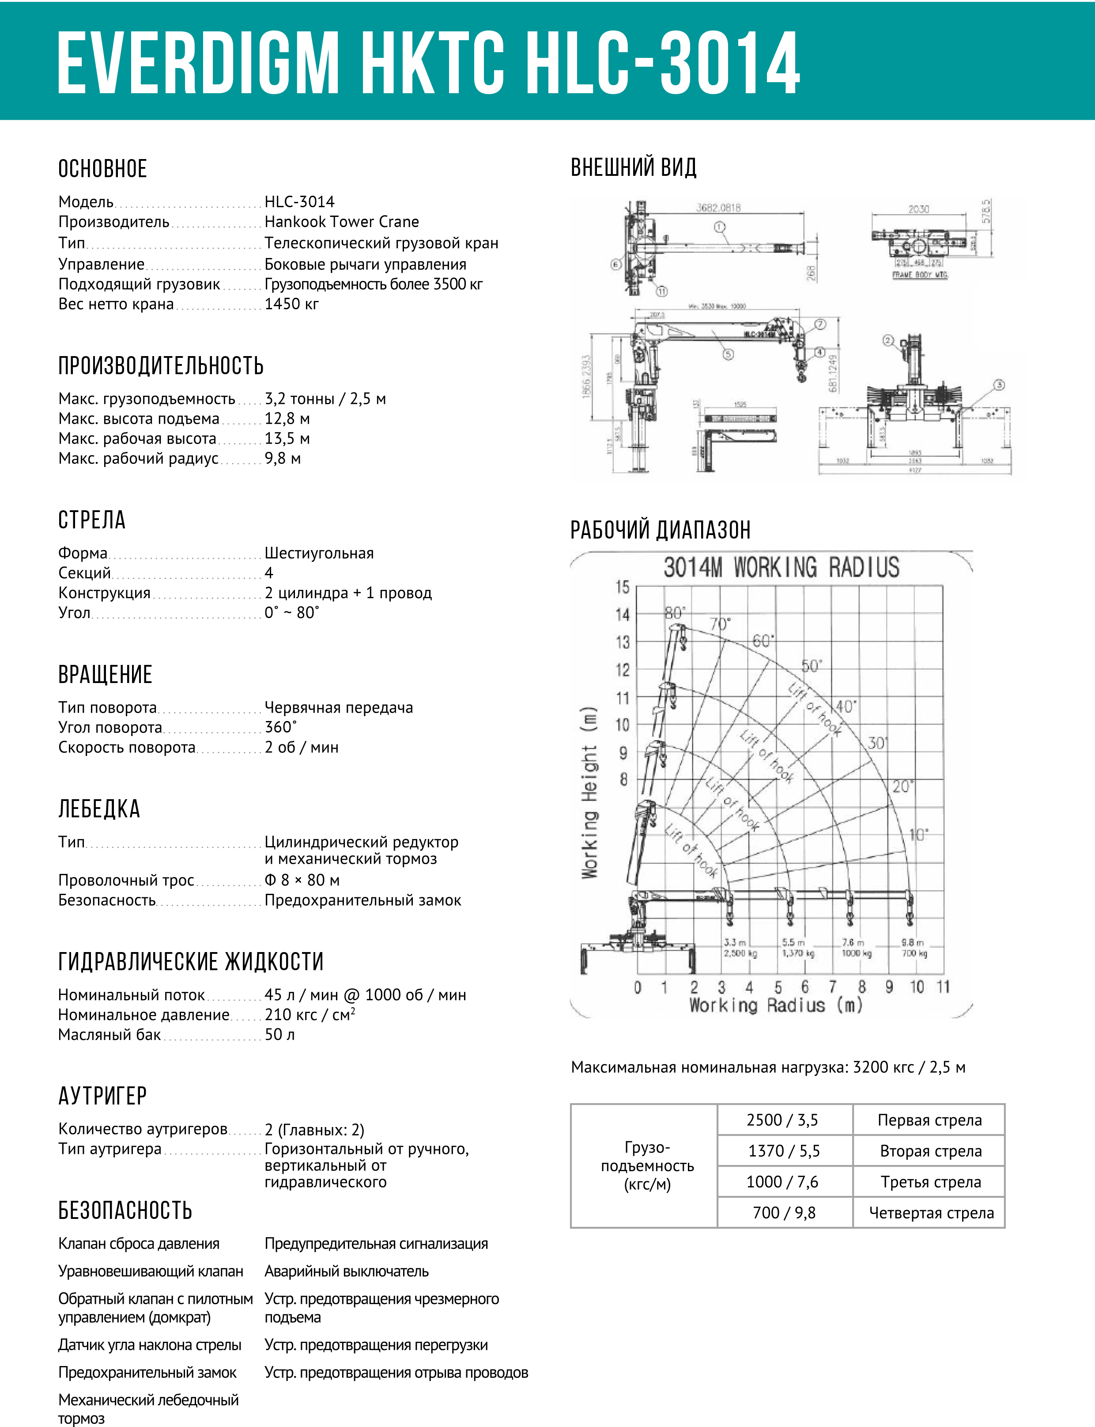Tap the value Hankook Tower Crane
pos(342,222)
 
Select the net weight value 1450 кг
pos(291,304)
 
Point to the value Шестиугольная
pos(319,553)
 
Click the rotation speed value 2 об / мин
pos(301,748)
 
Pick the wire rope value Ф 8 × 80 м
pos(302,880)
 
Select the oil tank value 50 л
pos(279,1034)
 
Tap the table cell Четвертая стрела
pos(931,1213)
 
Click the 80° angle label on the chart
pos(674,613)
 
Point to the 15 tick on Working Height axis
pos(623,587)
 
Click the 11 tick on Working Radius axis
pos(943,987)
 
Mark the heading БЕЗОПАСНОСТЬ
pos(125,1211)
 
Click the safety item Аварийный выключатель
pos(346,1271)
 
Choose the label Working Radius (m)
pos(776,1005)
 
